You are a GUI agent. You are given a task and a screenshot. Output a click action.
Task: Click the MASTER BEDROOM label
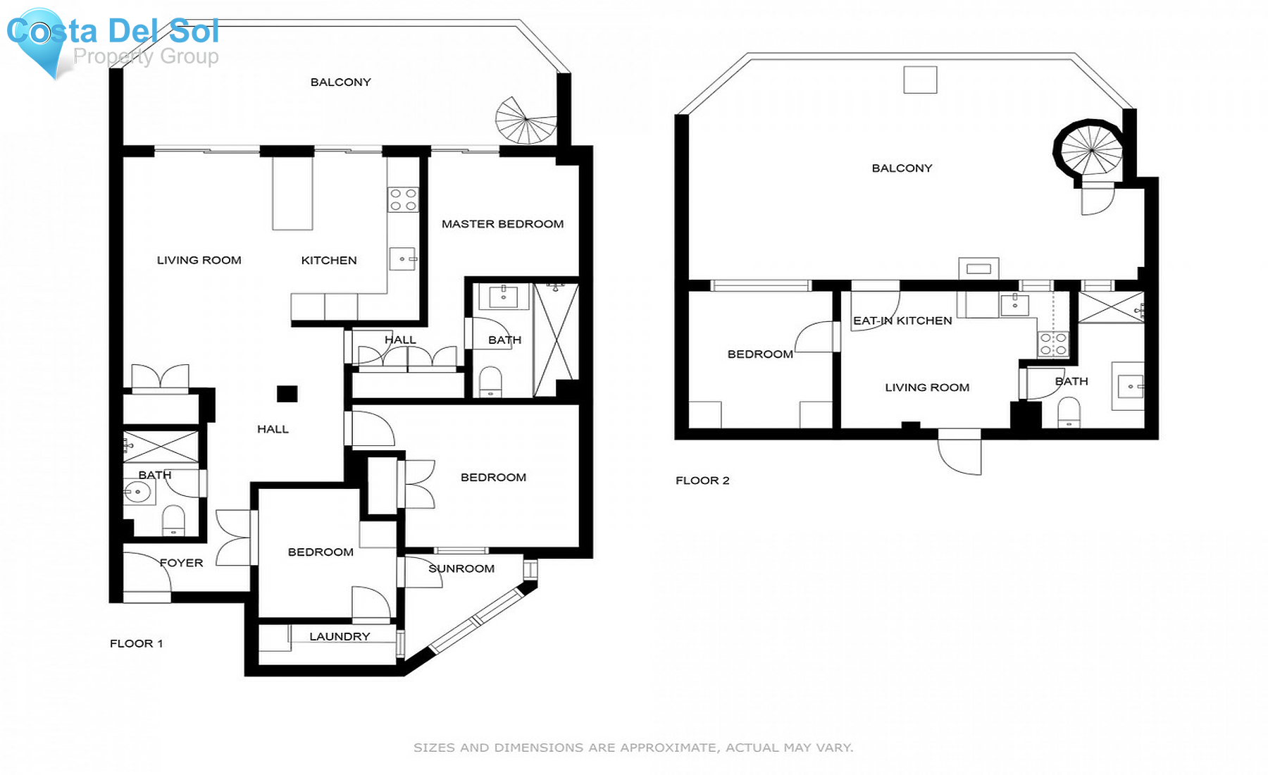502,224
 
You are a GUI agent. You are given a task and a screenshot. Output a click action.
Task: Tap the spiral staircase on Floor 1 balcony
526,121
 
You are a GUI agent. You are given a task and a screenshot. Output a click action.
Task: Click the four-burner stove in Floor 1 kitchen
403,199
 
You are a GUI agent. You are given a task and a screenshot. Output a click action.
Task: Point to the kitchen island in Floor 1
292,193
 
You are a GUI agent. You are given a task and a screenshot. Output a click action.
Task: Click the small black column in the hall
287,394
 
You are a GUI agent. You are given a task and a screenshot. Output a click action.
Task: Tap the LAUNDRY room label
340,636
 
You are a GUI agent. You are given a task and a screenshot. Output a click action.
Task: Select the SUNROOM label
461,569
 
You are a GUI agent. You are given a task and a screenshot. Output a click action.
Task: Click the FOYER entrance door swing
151,572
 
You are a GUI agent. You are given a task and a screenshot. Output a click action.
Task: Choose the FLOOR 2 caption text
702,480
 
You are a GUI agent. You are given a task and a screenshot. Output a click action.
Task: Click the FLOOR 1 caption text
136,643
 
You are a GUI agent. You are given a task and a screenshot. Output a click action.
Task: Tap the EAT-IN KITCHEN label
902,321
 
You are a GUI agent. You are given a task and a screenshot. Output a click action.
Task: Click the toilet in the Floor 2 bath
1069,412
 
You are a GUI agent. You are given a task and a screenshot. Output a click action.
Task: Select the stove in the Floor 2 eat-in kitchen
1053,344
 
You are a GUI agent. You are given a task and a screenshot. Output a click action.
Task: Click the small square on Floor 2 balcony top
920,80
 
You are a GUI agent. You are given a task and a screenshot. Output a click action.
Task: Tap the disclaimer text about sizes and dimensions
633,748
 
